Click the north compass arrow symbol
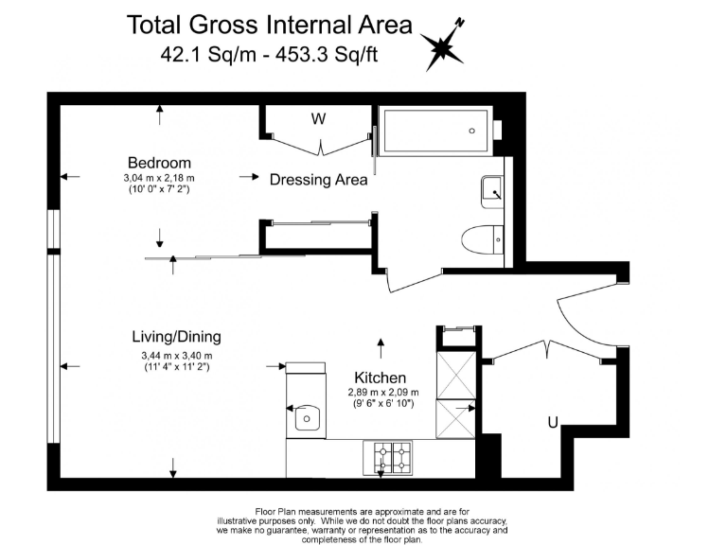click(x=442, y=44)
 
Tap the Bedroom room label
click(x=159, y=163)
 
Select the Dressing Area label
click(x=318, y=180)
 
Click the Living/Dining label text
click(x=176, y=337)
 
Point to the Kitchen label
click(x=380, y=377)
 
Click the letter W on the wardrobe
click(x=319, y=119)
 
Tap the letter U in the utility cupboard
click(x=552, y=423)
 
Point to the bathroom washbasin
click(x=492, y=191)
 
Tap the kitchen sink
click(x=306, y=417)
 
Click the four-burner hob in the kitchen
click(x=388, y=457)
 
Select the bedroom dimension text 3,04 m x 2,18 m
click(x=159, y=178)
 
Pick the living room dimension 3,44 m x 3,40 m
click(x=176, y=355)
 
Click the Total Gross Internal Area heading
click(x=270, y=25)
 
